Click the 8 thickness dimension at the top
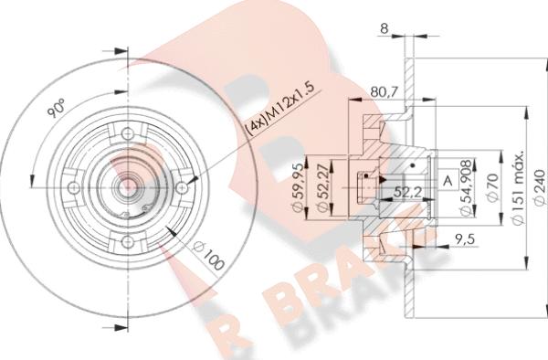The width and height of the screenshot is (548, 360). [x=385, y=28]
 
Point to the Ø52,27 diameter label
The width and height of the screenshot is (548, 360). [x=322, y=187]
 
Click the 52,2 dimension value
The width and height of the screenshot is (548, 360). [x=407, y=192]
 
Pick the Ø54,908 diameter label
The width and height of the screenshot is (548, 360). [x=467, y=187]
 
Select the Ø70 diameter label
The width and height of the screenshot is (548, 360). [x=491, y=187]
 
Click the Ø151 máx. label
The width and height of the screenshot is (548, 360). [x=518, y=187]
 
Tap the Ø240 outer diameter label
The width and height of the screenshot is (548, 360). [x=540, y=187]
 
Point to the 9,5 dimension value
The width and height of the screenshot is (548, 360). [x=464, y=239]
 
